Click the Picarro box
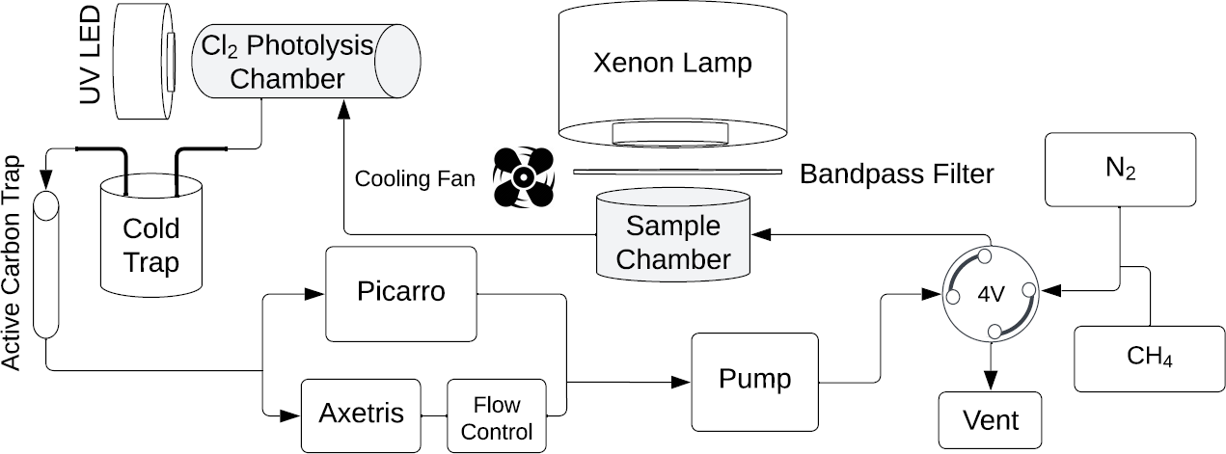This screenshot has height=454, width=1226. (401, 293)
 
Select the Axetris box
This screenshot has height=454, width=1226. (362, 414)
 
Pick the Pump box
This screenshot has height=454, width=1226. (754, 379)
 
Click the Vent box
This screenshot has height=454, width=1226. (990, 420)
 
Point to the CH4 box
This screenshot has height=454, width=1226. (1148, 358)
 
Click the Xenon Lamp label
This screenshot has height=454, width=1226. (672, 64)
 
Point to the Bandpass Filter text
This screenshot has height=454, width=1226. (896, 174)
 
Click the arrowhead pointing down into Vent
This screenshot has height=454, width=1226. (990, 383)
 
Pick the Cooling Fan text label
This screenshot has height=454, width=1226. (415, 179)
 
